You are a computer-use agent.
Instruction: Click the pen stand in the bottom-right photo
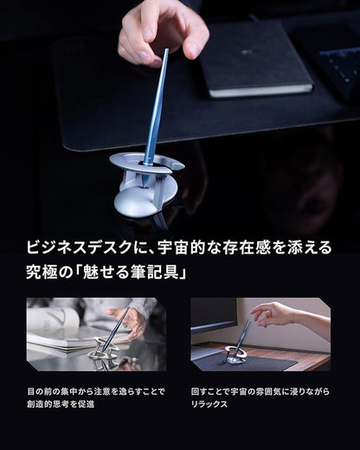236,353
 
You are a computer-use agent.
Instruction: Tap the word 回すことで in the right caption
212,390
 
